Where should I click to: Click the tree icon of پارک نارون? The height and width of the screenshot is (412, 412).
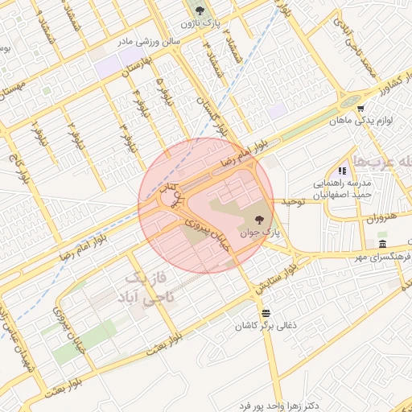[200, 10]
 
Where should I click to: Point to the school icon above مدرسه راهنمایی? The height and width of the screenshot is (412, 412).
[342, 171]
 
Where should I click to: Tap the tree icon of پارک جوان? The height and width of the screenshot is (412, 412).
[258, 218]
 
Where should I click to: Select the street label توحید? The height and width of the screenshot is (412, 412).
[292, 201]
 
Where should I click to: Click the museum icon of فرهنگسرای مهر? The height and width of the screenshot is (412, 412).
[382, 244]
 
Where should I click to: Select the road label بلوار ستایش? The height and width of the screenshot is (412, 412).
[273, 278]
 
